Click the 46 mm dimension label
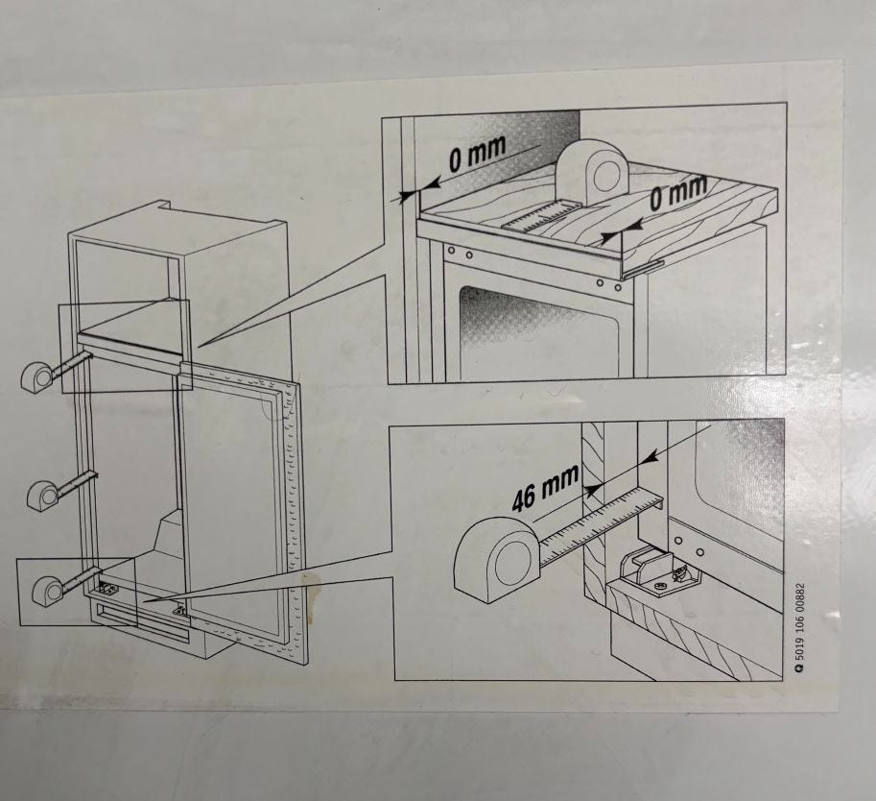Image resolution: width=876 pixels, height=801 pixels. (545, 488)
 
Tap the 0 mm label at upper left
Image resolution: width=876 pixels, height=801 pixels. (477, 154)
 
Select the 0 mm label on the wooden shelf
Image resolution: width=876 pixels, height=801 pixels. (677, 192)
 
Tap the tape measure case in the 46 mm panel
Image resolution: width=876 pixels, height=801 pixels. (496, 559)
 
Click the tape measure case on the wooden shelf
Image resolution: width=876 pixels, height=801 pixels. (593, 171)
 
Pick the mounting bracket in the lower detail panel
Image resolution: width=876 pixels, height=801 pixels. (658, 574)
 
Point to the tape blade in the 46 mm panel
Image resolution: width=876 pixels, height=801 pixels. (602, 524)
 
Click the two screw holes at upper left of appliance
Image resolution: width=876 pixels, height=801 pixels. (461, 253)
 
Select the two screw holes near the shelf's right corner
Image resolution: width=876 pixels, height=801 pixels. (608, 284)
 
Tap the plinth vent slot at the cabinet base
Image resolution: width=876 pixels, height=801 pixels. (140, 622)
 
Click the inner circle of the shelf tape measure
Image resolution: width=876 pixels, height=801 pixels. (604, 177)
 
